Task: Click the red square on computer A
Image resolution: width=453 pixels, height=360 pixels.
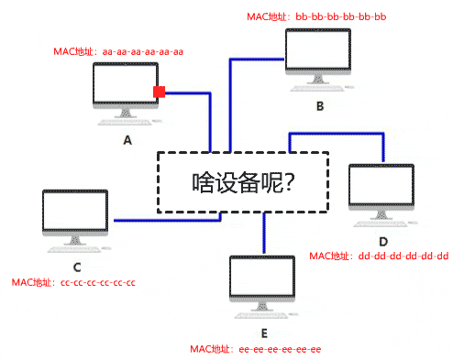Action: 159,92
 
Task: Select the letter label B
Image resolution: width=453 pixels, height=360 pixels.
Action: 319,106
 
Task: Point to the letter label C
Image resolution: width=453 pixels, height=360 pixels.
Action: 76,267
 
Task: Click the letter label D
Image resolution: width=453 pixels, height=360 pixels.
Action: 383,240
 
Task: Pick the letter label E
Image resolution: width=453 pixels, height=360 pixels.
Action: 263,332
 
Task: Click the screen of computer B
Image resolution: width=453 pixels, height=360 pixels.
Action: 317,55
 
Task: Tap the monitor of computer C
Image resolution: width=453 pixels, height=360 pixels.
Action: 75,214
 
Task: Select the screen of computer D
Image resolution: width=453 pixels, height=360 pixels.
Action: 381,190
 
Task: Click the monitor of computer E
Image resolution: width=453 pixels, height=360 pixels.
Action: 263,279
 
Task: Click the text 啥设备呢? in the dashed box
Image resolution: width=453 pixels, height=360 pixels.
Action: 243,182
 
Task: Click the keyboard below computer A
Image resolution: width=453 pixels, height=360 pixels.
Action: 127,126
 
